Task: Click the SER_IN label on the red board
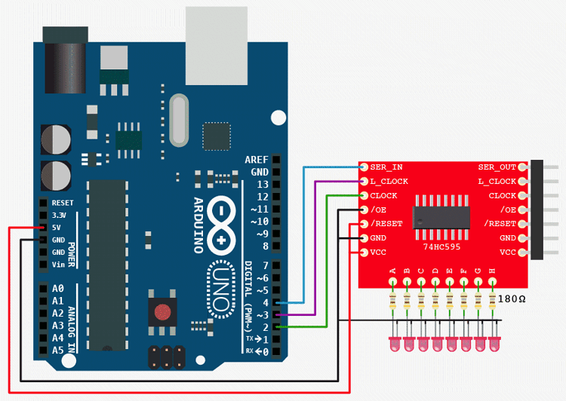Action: [386, 167]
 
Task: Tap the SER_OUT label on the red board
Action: [497, 167]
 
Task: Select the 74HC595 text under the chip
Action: [441, 246]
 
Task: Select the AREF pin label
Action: [257, 160]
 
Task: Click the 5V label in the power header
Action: [57, 227]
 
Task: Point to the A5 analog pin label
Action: [58, 350]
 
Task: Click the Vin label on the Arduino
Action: [59, 264]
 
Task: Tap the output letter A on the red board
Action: [392, 271]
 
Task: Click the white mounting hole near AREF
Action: [278, 117]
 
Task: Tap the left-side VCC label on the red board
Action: [379, 253]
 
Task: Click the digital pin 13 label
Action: [263, 185]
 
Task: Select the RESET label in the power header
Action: [63, 203]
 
